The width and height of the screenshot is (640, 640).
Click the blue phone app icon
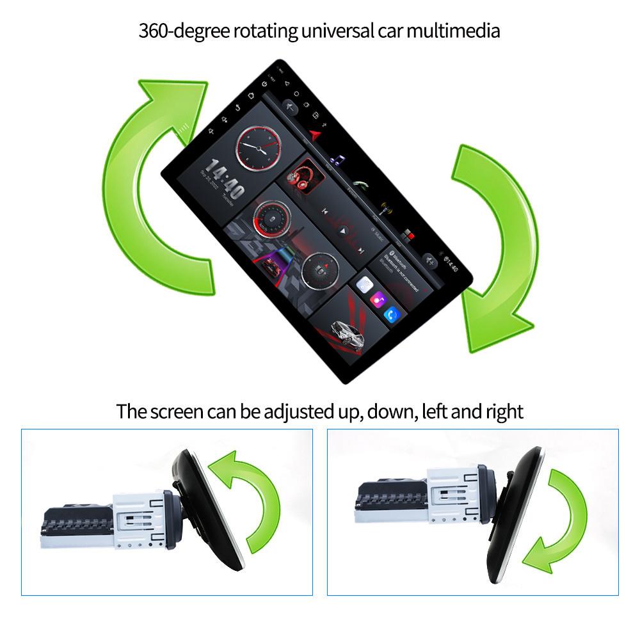392,314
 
